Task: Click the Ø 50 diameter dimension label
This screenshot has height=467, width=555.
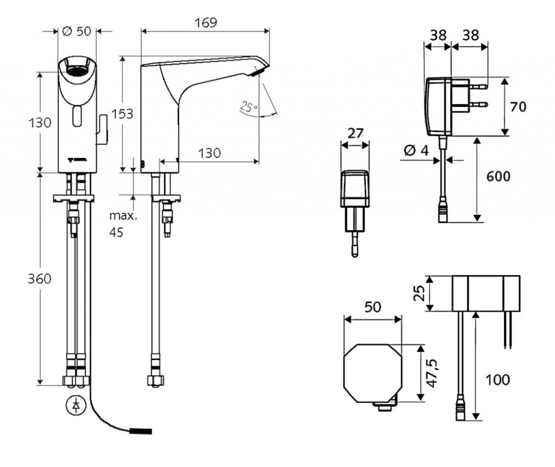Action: click(76, 31)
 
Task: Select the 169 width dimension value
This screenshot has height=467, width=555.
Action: click(205, 22)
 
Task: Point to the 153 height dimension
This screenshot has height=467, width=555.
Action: click(122, 113)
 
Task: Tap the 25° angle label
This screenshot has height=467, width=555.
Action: click(248, 107)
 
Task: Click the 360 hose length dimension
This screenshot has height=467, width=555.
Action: click(40, 279)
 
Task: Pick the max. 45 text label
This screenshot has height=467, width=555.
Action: click(123, 224)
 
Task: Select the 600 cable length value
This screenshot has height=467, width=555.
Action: click(498, 177)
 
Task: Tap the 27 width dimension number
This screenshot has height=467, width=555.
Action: click(354, 133)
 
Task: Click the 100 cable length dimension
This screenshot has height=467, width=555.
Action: click(498, 380)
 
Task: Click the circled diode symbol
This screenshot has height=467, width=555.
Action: click(76, 405)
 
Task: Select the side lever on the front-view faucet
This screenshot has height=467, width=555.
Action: click(102, 131)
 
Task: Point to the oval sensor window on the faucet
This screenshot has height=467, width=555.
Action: click(76, 116)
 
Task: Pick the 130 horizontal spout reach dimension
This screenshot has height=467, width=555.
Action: click(209, 153)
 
